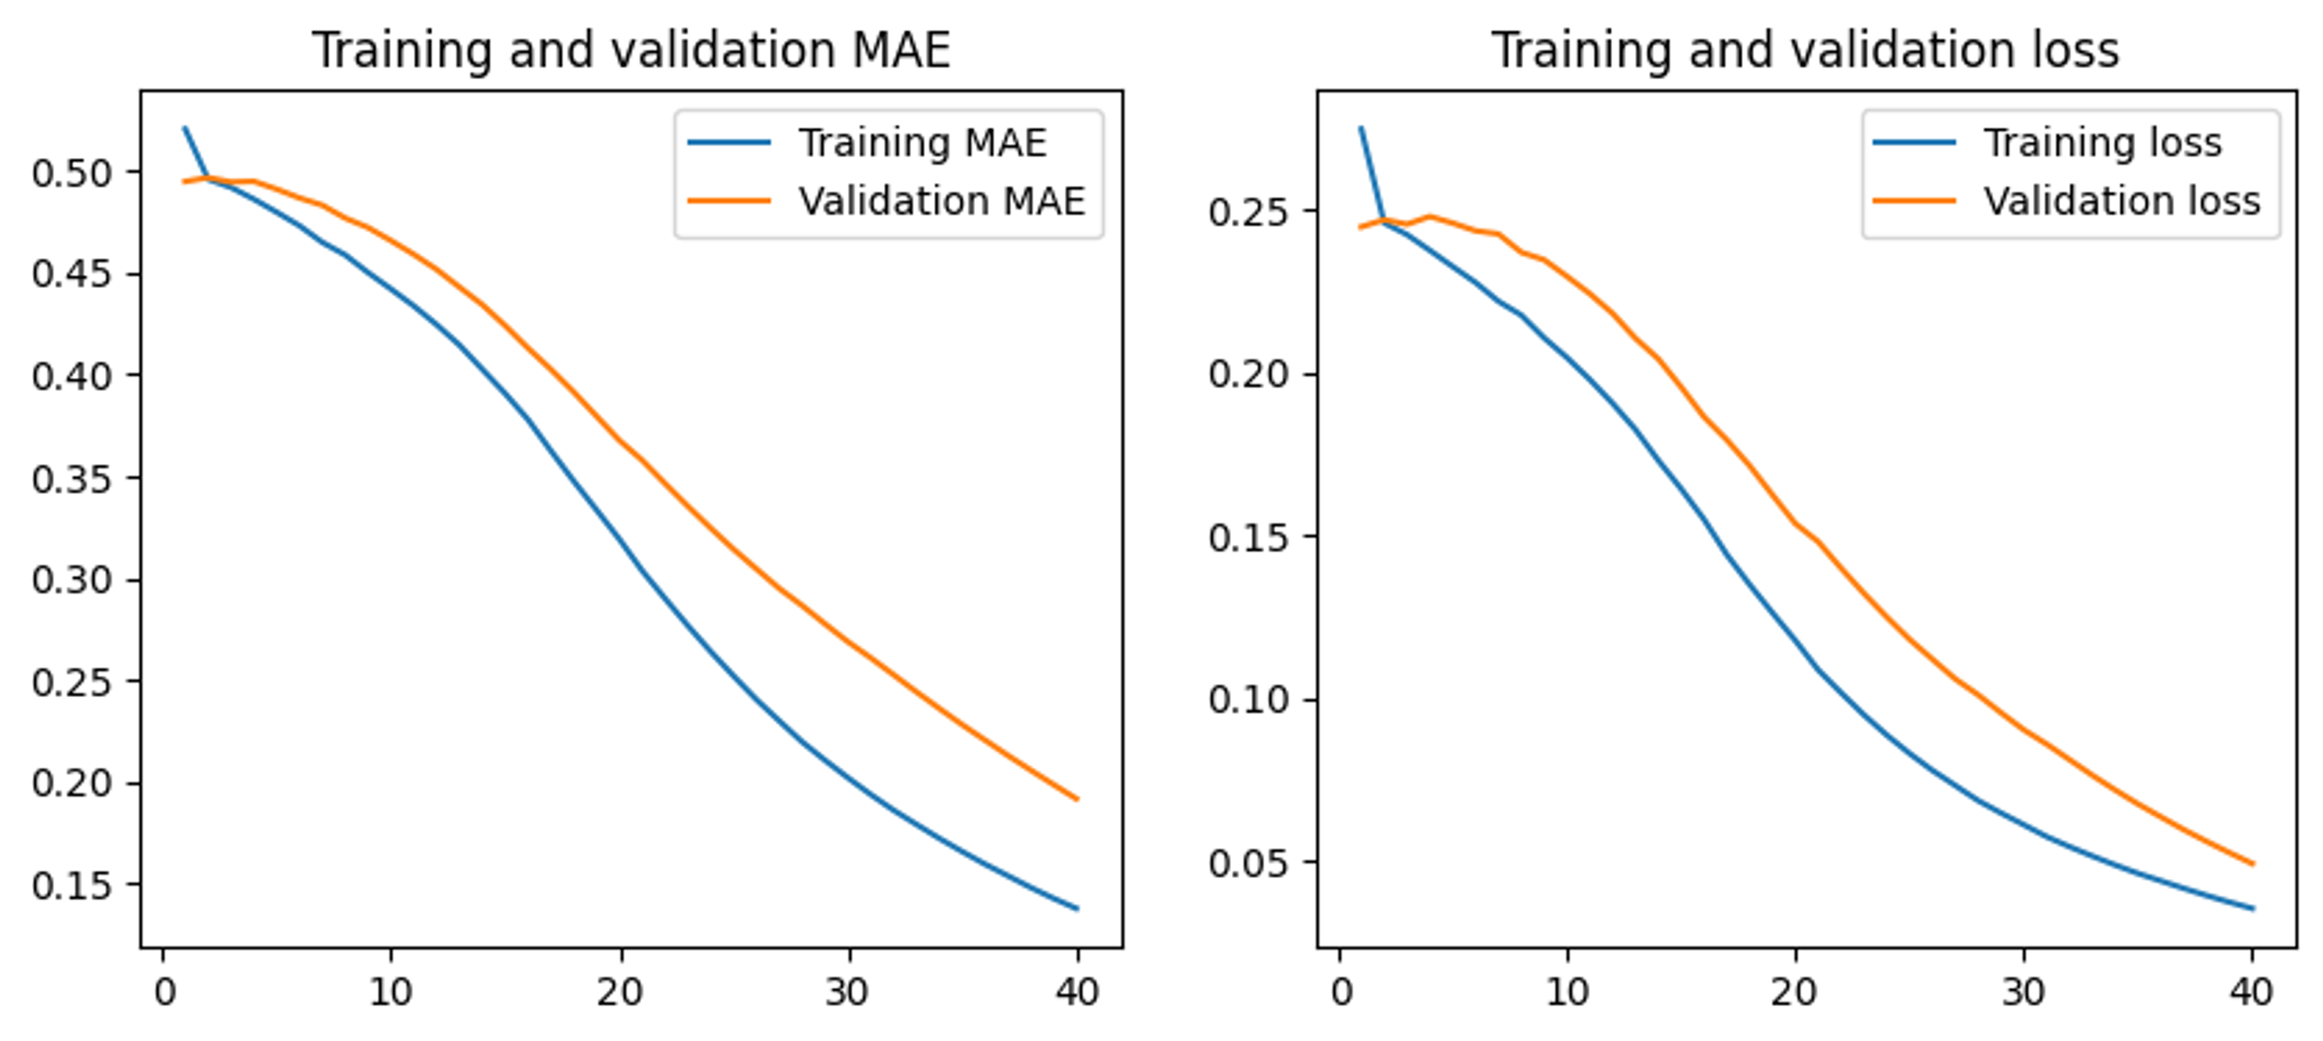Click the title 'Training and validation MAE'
[x=631, y=50]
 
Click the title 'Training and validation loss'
[x=1805, y=50]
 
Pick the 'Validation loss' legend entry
[x=2121, y=201]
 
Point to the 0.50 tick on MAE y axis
[x=72, y=172]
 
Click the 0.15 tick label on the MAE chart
[x=72, y=885]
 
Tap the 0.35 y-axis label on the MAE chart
[x=72, y=478]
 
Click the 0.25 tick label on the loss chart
[x=1249, y=212]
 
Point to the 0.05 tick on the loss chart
[x=1249, y=863]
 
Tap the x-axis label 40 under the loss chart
[x=2251, y=993]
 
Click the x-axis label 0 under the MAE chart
[x=164, y=993]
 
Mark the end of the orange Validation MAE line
[x=1077, y=798]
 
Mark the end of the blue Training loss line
[x=2253, y=908]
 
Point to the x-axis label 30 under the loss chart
[x=2023, y=993]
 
